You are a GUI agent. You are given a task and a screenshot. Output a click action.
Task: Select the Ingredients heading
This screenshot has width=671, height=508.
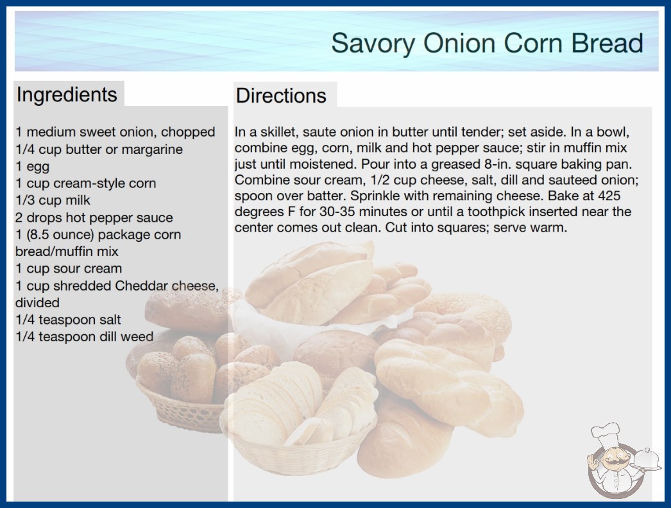point(67,95)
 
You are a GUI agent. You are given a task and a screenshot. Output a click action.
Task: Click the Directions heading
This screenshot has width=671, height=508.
point(281,96)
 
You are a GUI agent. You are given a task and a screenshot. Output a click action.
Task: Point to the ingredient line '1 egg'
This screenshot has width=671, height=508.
point(33,167)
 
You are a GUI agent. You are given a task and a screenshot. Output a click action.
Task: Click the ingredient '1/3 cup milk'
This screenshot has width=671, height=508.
point(53,200)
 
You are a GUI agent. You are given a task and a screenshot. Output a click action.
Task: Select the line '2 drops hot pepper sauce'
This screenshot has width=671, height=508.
point(94,217)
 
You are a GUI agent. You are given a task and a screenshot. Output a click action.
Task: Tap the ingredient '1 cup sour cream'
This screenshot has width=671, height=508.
point(69,268)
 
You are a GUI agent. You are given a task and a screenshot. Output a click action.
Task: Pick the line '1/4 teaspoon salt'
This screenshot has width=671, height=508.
point(69,319)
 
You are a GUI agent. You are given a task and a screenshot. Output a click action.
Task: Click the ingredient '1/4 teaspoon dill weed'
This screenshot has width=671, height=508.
point(84,337)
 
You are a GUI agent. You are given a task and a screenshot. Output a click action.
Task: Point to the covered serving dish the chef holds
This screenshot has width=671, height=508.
point(647,460)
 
